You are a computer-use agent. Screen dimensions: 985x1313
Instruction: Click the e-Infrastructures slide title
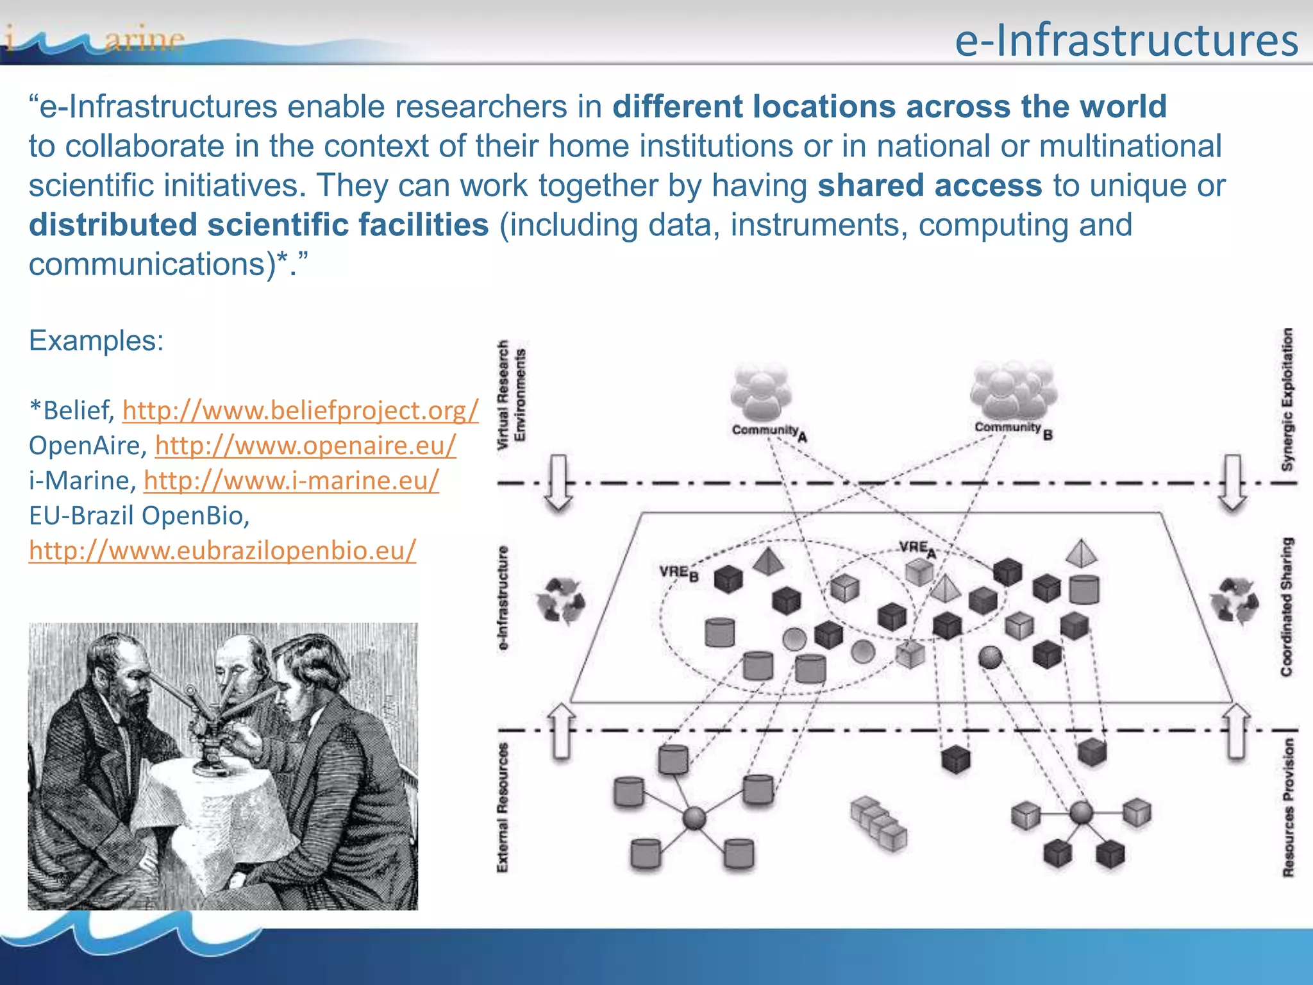1126,40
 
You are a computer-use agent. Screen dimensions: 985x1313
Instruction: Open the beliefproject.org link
300,410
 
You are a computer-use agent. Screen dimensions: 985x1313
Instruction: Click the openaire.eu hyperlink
305,446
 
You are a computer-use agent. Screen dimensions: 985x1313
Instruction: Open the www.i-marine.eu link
292,480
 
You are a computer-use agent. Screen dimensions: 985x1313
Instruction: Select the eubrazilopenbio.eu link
222,550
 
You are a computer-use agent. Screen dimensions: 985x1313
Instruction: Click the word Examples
96,341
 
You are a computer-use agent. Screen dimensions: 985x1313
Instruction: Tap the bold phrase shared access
930,185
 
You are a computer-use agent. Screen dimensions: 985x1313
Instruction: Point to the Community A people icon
761,391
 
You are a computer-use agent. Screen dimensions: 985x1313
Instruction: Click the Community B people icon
1012,388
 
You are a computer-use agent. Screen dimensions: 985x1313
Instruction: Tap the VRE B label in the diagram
678,572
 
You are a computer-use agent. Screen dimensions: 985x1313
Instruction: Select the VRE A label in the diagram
916,548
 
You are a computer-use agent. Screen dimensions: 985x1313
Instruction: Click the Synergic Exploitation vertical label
1287,399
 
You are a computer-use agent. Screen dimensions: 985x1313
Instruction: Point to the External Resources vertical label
503,807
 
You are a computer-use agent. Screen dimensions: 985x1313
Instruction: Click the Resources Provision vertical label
1288,807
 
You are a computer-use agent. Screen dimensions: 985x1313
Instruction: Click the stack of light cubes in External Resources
878,824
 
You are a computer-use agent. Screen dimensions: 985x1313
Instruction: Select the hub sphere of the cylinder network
694,818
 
